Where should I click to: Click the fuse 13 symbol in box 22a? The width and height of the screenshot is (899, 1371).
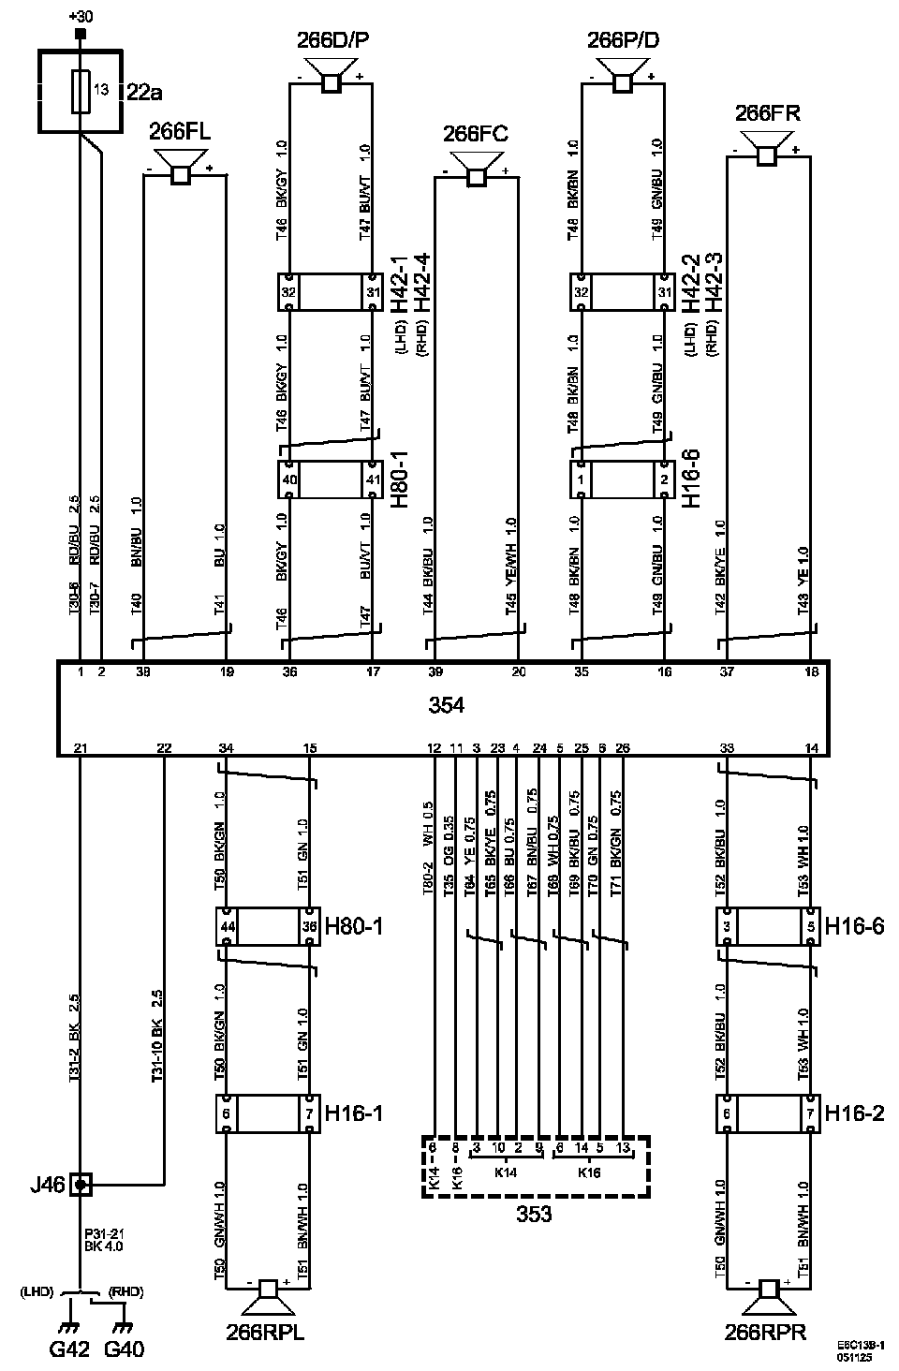82,91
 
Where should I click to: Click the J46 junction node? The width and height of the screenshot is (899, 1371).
81,1186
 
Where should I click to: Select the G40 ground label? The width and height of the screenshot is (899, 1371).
125,1349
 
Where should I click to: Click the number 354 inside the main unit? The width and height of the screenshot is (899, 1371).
446,705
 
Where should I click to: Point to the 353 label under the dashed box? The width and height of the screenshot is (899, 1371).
535,1215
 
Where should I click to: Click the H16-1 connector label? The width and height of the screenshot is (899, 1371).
353,1113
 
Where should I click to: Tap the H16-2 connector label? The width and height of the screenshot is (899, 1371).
852,1113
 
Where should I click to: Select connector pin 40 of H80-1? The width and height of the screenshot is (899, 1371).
289,480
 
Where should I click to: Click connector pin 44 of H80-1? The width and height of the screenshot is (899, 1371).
227,926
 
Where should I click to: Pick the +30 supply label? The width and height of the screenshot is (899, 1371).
81,16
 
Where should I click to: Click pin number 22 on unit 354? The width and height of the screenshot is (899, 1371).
164,747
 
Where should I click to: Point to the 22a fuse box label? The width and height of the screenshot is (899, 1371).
143,91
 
